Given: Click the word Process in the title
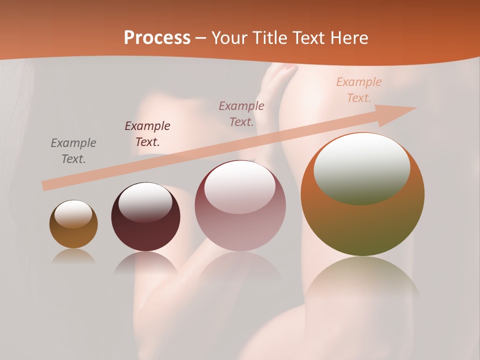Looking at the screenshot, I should pyautogui.click(x=157, y=37).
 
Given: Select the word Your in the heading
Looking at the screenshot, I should pyautogui.click(x=229, y=37).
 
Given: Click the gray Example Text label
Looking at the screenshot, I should pyautogui.click(x=73, y=151).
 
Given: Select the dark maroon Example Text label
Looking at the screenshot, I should pyautogui.click(x=147, y=134).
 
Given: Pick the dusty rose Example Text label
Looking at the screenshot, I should pyautogui.click(x=241, y=113).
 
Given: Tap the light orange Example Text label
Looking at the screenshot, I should pyautogui.click(x=358, y=90).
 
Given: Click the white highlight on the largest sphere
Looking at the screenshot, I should pyautogui.click(x=362, y=167).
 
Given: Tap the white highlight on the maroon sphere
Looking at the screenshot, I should pyautogui.click(x=145, y=201).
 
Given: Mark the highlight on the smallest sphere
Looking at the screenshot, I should pyautogui.click(x=73, y=214).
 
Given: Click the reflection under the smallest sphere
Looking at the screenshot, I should pyautogui.click(x=73, y=256).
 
